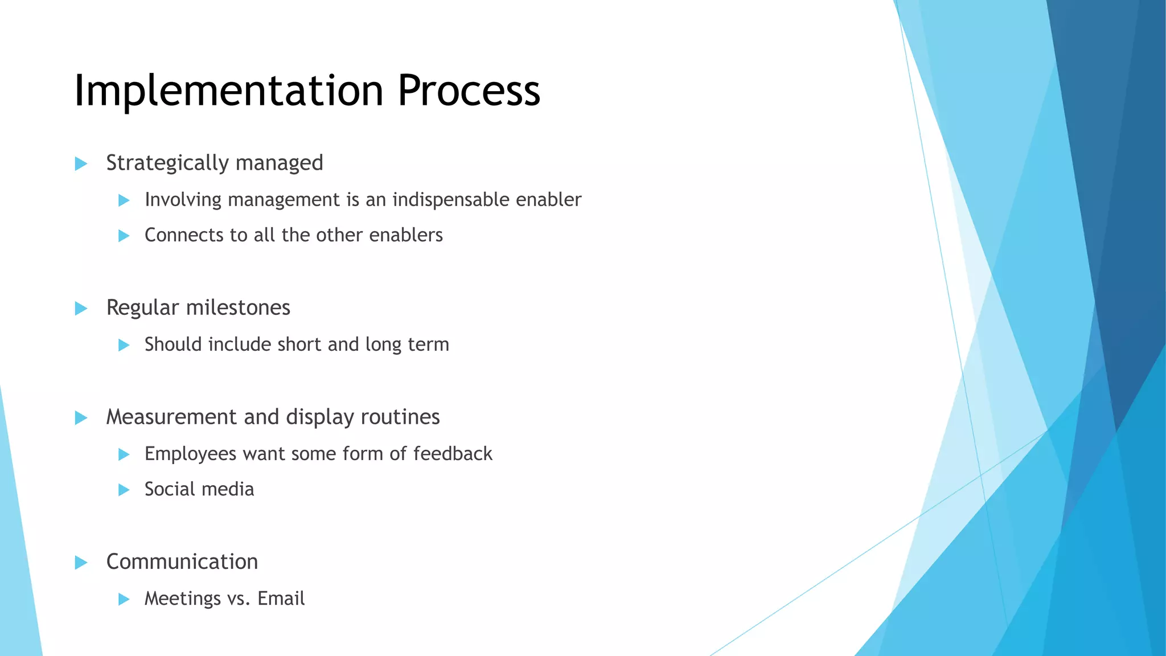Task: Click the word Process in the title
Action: click(468, 91)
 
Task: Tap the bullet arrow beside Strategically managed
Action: click(81, 164)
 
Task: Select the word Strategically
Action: click(168, 163)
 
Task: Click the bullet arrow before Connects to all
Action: click(124, 236)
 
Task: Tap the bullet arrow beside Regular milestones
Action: click(81, 309)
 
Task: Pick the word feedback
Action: click(453, 454)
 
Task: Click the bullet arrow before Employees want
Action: click(124, 454)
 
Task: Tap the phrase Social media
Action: click(199, 489)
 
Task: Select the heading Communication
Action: click(182, 562)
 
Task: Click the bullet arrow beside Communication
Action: click(81, 563)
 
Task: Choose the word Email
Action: click(281, 598)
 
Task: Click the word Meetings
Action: click(182, 599)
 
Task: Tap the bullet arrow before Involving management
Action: click(124, 200)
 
